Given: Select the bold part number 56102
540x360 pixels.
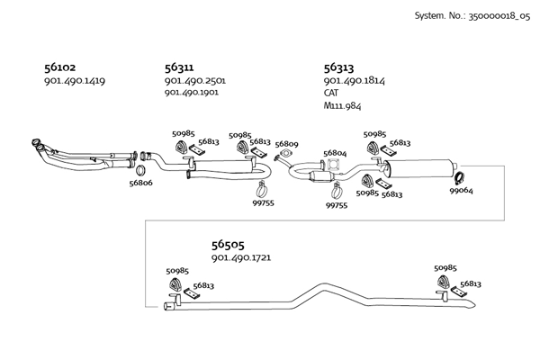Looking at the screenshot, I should pyautogui.click(x=59, y=67).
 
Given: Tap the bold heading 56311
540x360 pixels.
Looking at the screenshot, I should pyautogui.click(x=179, y=67).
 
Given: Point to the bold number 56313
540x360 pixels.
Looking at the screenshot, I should pyautogui.click(x=338, y=67).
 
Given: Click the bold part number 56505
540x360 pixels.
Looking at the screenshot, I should pyautogui.click(x=228, y=244).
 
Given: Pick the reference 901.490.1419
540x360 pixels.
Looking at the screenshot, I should pyautogui.click(x=74, y=81).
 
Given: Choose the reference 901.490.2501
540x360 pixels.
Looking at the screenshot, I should pyautogui.click(x=194, y=81).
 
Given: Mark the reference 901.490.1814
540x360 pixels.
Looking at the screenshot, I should pyautogui.click(x=354, y=81).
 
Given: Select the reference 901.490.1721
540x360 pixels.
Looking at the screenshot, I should pyautogui.click(x=241, y=258).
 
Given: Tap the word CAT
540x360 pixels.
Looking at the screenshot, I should pyautogui.click(x=331, y=94).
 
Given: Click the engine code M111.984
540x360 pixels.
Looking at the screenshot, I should pyautogui.click(x=342, y=106).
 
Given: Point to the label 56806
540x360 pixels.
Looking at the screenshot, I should pyautogui.click(x=140, y=183).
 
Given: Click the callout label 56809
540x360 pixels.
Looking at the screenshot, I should pyautogui.click(x=286, y=144).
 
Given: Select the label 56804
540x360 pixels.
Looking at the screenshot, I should pyautogui.click(x=335, y=154).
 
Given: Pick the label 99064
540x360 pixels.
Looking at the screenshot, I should pyautogui.click(x=462, y=191).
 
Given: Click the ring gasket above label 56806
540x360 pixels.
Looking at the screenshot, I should pyautogui.click(x=140, y=168).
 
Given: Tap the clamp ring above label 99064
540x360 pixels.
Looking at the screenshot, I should pyautogui.click(x=457, y=177).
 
